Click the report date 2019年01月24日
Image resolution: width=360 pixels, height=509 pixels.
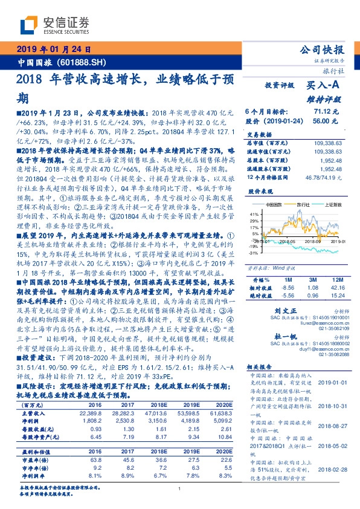coord(54,49)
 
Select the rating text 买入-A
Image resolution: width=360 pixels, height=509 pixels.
coord(326,86)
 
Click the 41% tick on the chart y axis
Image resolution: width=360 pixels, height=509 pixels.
coord(254,214)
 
